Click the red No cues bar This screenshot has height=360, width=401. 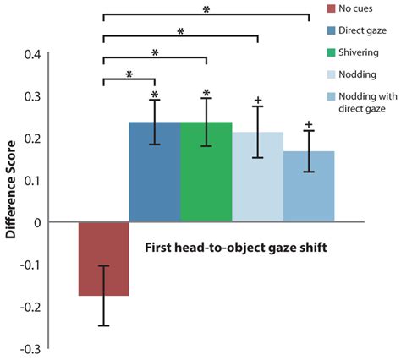pyautogui.click(x=103, y=259)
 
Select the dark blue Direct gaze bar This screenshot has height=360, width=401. pyautogui.click(x=154, y=172)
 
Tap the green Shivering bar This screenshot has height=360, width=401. pyautogui.click(x=206, y=172)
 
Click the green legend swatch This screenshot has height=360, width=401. pyautogui.click(x=332, y=52)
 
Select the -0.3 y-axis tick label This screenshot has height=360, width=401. pyautogui.click(x=29, y=348)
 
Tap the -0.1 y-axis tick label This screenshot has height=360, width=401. pyautogui.click(x=29, y=265)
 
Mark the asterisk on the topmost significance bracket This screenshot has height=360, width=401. pyautogui.click(x=206, y=8)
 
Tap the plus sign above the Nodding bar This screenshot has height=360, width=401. pyautogui.click(x=257, y=100)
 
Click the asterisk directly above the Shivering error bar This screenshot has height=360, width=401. pyautogui.click(x=206, y=92)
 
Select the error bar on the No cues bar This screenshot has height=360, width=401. pyautogui.click(x=103, y=295)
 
